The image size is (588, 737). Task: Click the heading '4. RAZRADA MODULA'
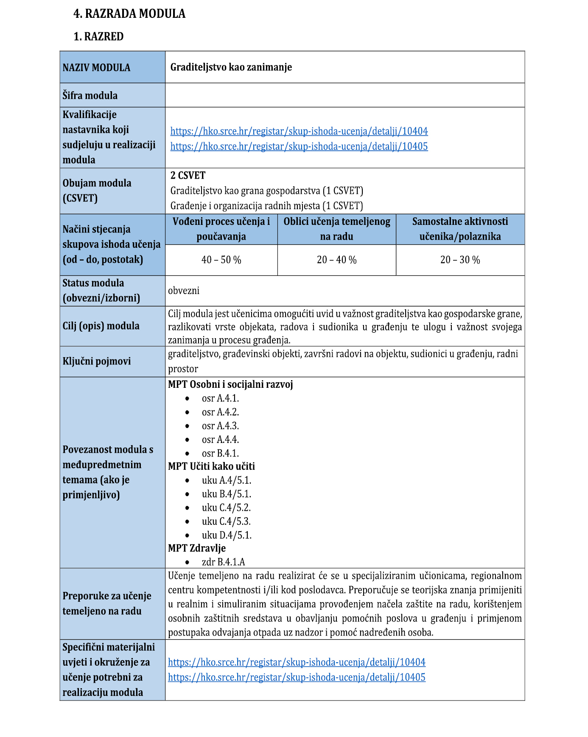pyautogui.click(x=129, y=14)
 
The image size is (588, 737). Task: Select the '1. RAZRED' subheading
pyautogui.click(x=98, y=36)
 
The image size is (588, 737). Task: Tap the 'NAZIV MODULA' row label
pyautogui.click(x=96, y=67)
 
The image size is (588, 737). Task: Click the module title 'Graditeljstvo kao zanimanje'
pyautogui.click(x=231, y=67)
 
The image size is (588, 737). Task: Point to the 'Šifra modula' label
pyautogui.click(x=90, y=95)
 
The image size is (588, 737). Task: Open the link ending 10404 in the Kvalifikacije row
pyautogui.click(x=299, y=131)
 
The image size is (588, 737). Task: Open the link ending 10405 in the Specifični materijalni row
pyautogui.click(x=297, y=677)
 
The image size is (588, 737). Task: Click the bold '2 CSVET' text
pyautogui.click(x=188, y=176)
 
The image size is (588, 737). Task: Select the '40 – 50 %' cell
pyautogui.click(x=221, y=260)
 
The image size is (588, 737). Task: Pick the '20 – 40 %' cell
pyautogui.click(x=336, y=260)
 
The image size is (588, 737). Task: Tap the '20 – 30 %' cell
pyautogui.click(x=460, y=260)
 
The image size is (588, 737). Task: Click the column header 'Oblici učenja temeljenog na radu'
pyautogui.click(x=337, y=229)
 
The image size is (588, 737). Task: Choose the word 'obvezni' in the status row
pyautogui.click(x=184, y=291)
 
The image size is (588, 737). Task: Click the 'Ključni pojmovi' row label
pyautogui.click(x=97, y=361)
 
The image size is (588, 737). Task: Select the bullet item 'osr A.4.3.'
pyautogui.click(x=220, y=426)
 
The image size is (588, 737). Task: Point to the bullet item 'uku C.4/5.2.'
pyautogui.click(x=226, y=507)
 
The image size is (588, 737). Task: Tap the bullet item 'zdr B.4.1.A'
pyautogui.click(x=223, y=562)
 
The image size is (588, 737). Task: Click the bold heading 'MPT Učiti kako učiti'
pyautogui.click(x=211, y=466)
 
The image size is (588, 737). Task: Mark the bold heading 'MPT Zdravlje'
pyautogui.click(x=197, y=548)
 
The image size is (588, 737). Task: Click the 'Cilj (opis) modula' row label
pyautogui.click(x=101, y=326)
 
